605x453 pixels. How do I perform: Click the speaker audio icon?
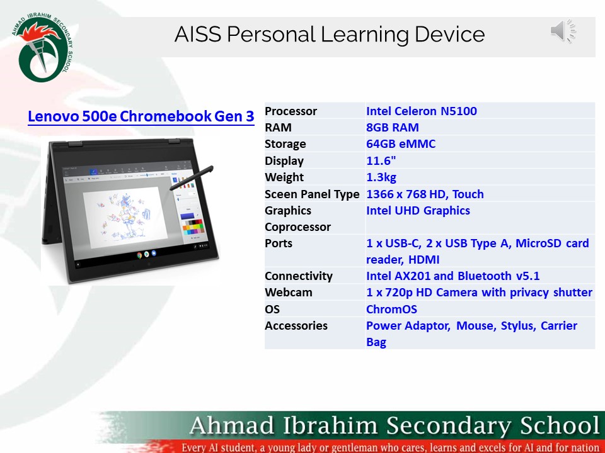coord(563,31)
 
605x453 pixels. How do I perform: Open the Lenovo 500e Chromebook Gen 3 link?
coord(141,116)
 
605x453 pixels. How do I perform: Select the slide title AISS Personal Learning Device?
coord(330,34)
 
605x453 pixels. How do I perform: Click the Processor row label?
coord(291,111)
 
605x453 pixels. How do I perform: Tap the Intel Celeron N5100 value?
coord(421,111)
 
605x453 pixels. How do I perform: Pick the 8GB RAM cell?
coord(392,128)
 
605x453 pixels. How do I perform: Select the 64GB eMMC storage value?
coord(400,144)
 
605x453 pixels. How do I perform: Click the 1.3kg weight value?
coord(381,177)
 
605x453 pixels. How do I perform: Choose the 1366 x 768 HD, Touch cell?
coord(425,194)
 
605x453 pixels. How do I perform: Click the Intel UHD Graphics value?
coord(418,211)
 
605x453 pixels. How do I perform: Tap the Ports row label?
coord(279,243)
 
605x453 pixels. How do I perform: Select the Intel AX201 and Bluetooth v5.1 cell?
coord(452,276)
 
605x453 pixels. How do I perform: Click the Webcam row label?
coord(288,293)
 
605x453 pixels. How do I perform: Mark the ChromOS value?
coord(391,310)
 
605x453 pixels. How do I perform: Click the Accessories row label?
coord(296,326)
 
